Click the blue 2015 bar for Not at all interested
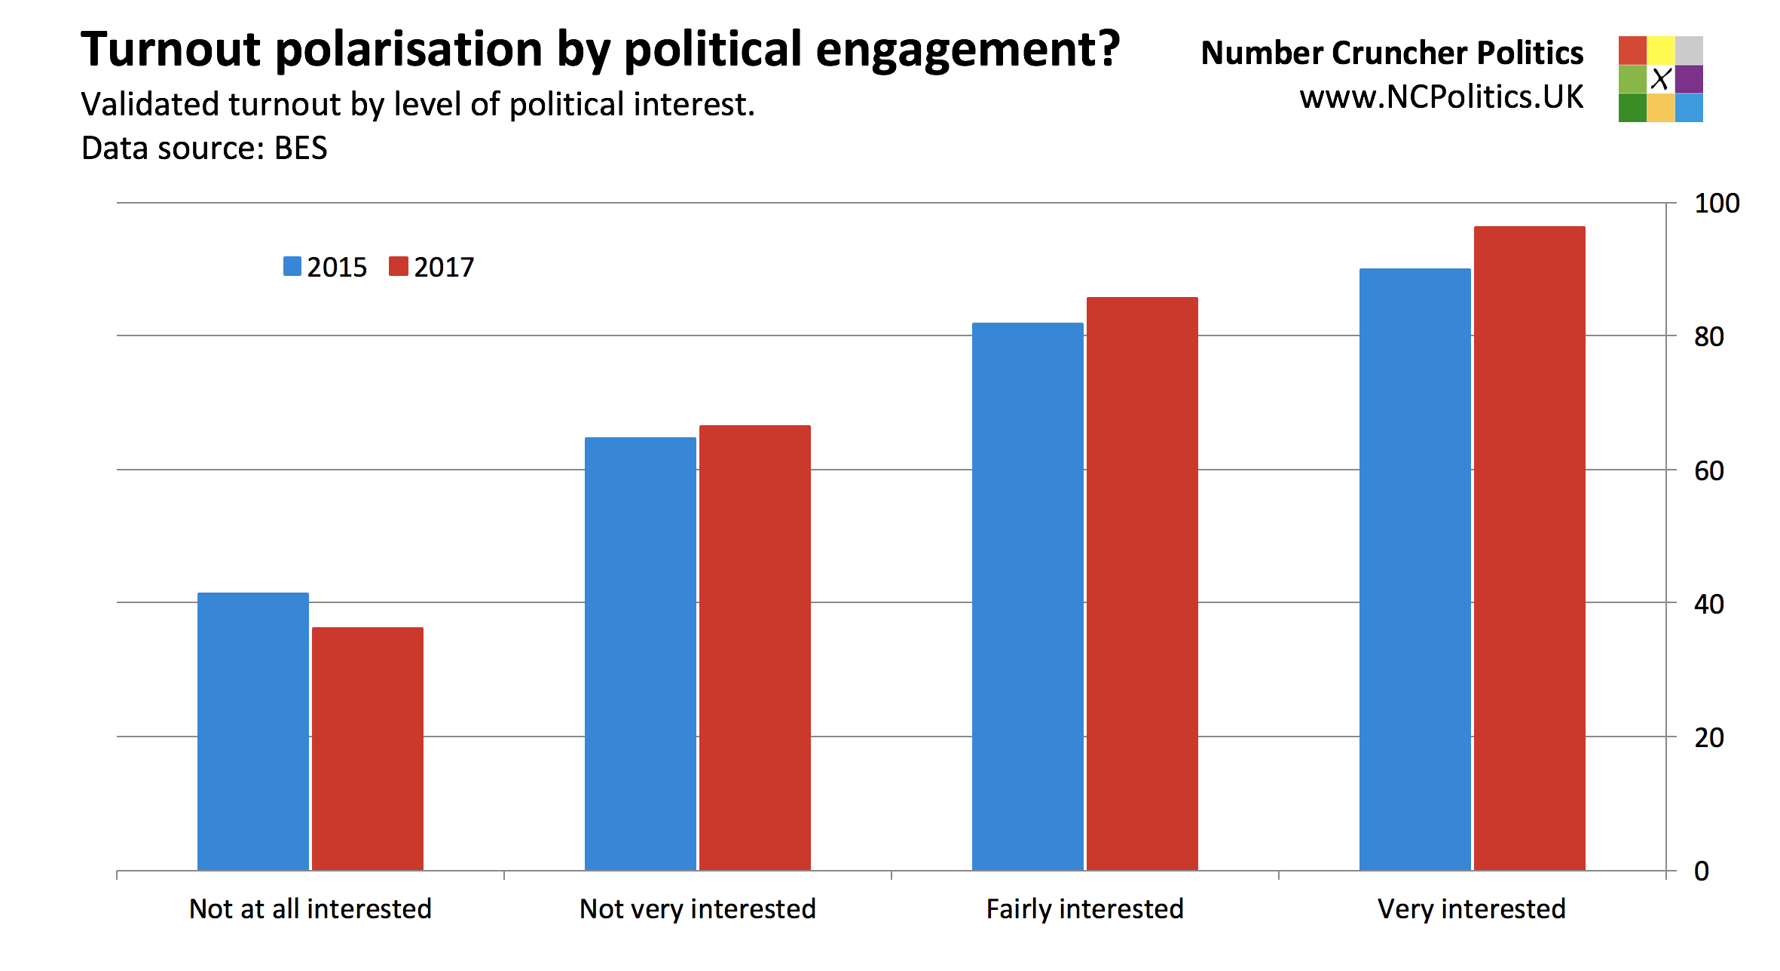253,731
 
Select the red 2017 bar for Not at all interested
368,749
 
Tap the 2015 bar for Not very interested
641,654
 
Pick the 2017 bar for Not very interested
755,648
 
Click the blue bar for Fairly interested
1028,596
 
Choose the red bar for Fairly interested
1142,584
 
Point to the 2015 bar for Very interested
1415,569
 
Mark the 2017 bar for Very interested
1530,548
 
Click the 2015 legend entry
326,267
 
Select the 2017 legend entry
432,267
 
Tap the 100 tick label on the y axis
1717,204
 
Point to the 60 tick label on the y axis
1709,471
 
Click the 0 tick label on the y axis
1702,871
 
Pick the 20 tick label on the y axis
1709,738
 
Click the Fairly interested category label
1085,909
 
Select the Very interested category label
1472,909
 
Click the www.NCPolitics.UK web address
1442,98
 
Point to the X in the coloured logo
1661,78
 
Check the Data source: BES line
204,149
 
